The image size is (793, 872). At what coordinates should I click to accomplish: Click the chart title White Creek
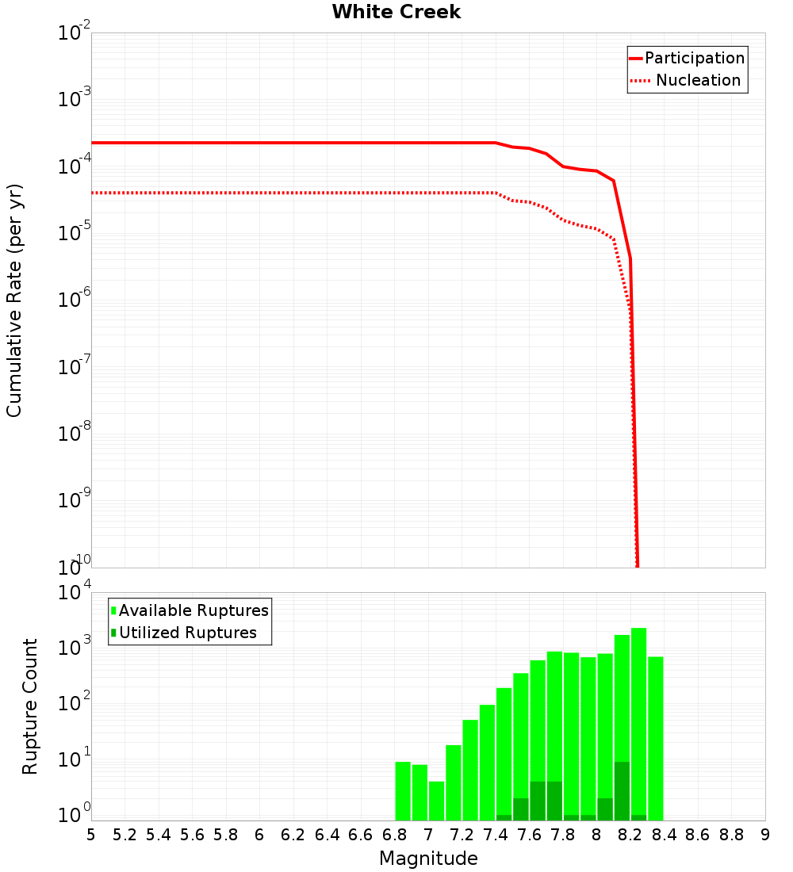396,12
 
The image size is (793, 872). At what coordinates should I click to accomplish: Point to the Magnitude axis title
428,859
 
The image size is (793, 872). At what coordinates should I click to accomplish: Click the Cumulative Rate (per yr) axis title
14,300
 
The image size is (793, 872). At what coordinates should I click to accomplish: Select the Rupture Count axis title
30,706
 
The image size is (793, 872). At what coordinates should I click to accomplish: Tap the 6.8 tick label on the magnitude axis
394,835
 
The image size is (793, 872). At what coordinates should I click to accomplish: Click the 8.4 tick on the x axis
664,835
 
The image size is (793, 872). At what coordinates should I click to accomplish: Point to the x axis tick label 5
91,835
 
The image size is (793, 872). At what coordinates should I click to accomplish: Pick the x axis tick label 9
764,835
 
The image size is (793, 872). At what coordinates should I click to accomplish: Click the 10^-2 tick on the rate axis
75,33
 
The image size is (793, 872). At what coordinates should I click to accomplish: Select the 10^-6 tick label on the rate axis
75,300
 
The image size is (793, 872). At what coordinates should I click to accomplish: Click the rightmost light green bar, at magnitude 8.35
655,737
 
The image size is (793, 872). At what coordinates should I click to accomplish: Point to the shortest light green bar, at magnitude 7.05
436,801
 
